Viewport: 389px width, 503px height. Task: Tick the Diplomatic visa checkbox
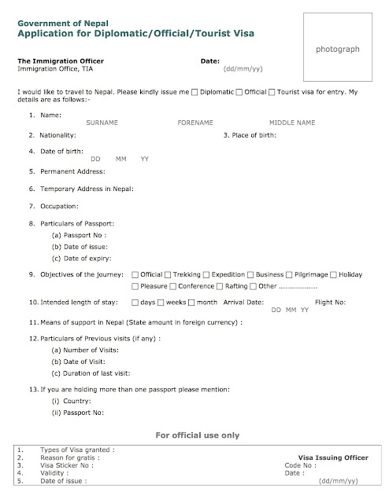[195, 93]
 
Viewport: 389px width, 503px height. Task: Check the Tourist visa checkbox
[272, 93]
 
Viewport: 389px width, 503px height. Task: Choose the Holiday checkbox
[335, 274]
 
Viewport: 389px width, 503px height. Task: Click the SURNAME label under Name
[102, 123]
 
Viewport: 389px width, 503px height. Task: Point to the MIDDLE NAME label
[291, 123]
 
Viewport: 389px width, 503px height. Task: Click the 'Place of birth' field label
[250, 135]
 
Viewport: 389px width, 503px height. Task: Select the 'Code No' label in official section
[298, 464]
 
